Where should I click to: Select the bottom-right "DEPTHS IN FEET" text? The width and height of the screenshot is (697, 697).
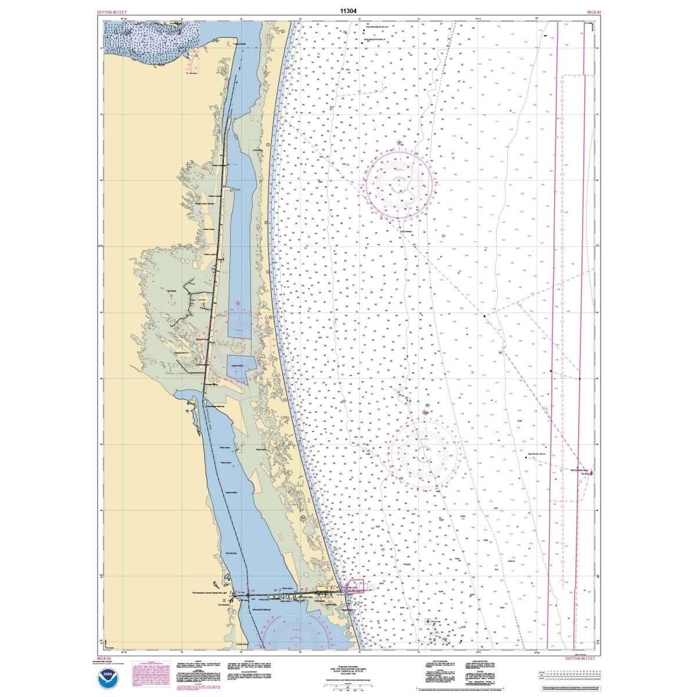click(580, 658)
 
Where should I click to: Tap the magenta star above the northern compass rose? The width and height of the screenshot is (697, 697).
click(398, 142)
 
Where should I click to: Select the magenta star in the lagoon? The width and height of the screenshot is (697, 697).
click(238, 303)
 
